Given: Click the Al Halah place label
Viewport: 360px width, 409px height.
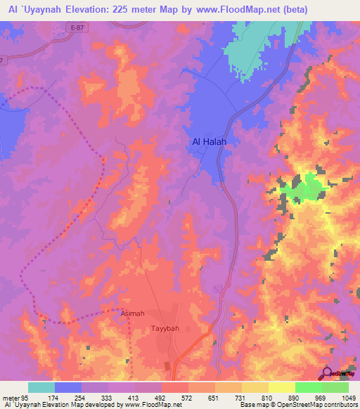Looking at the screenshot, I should click(213, 141).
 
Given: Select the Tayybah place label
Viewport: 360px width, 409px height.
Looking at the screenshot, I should click(166, 328).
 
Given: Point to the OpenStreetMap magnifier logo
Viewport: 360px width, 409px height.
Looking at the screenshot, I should click(327, 375).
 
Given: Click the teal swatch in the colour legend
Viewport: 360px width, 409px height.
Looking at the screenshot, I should click(41, 387).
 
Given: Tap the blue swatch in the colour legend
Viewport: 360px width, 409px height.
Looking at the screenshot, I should click(68, 387).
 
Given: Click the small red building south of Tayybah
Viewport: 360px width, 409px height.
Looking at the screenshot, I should click(167, 365).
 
